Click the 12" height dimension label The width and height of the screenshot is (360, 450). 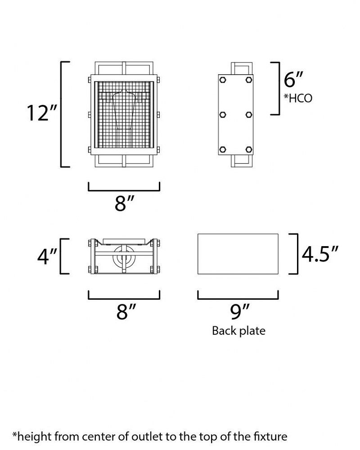point(42,113)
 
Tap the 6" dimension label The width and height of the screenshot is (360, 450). point(293,80)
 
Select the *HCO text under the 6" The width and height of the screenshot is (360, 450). point(298,98)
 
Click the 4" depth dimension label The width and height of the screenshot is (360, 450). point(47,256)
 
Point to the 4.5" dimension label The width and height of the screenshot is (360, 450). point(320,254)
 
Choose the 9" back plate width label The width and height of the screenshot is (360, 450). point(240,312)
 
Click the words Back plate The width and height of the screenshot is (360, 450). point(238,331)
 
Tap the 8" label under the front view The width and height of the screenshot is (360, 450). point(124,203)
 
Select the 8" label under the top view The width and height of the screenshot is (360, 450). point(126,312)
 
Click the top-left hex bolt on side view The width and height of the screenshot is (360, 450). point(222,80)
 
